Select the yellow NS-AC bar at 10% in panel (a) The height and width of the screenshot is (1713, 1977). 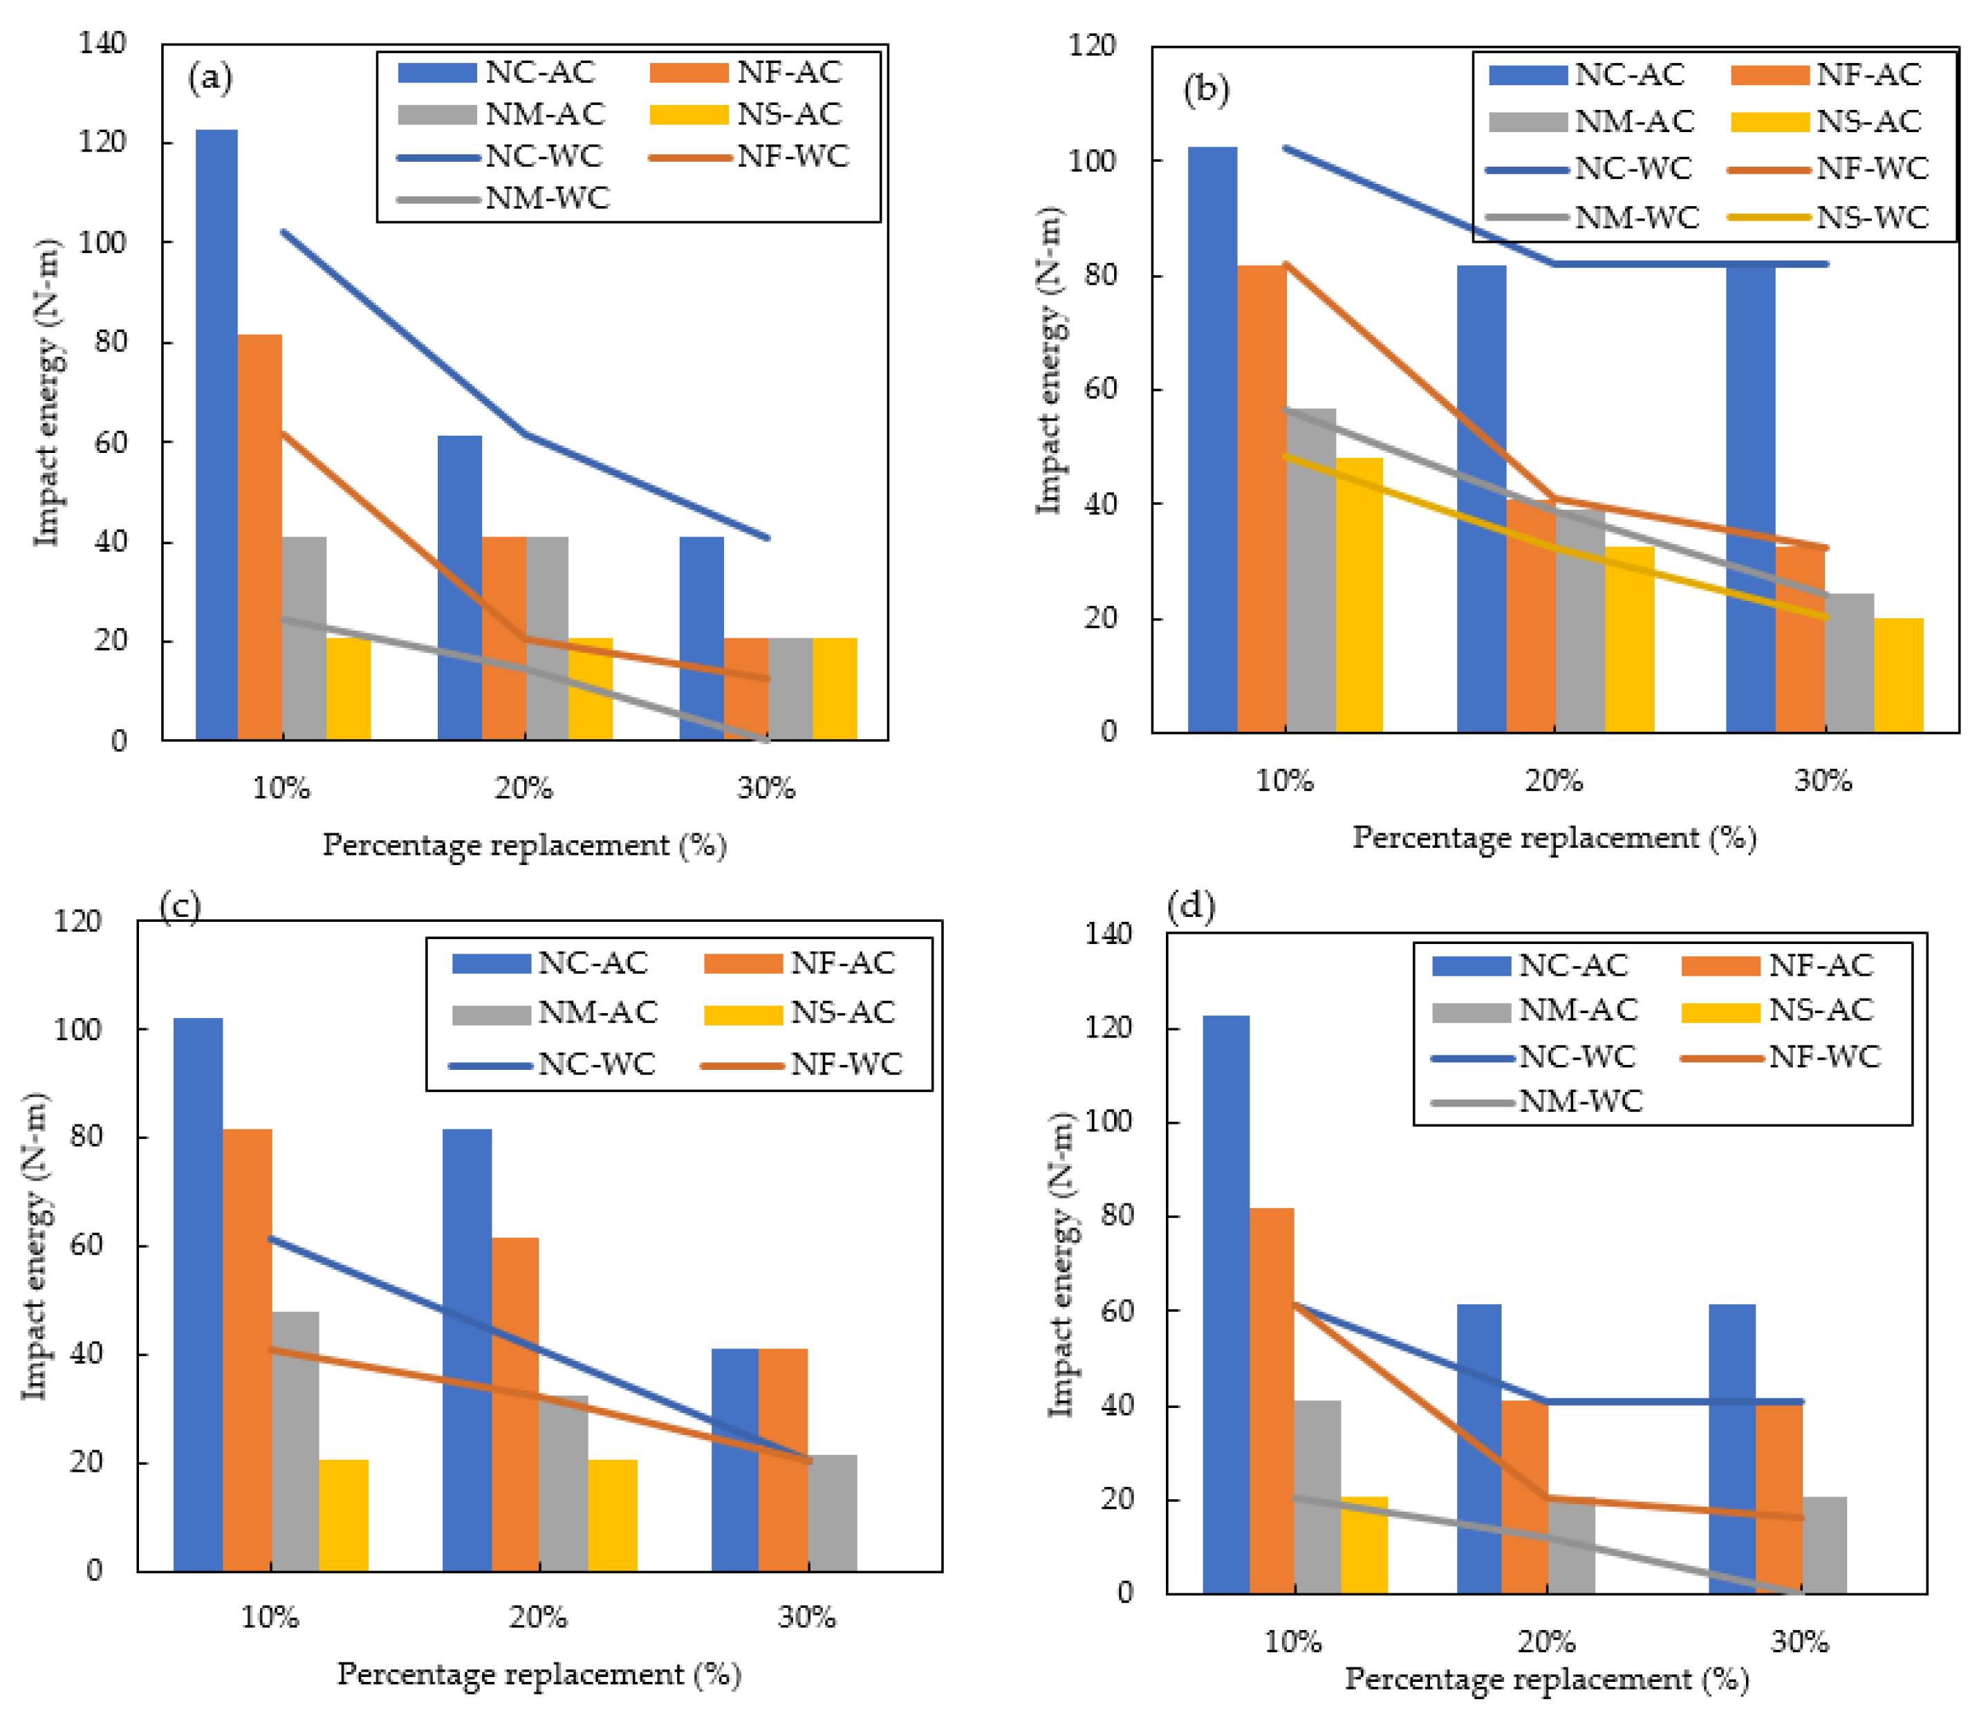[x=349, y=689]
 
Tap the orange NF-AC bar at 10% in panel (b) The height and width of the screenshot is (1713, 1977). [x=1262, y=499]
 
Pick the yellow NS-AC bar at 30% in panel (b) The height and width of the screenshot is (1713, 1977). [x=1899, y=676]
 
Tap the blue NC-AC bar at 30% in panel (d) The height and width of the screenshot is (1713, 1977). [x=1732, y=1449]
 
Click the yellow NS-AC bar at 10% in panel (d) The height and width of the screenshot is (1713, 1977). [x=1364, y=1546]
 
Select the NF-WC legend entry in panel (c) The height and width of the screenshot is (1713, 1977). [x=802, y=1065]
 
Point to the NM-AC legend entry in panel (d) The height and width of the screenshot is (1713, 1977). [x=1535, y=1010]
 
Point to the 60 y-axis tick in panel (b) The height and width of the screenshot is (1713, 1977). [x=1102, y=389]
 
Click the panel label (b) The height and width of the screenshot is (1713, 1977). [x=1207, y=91]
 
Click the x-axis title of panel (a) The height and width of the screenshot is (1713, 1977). [x=525, y=846]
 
